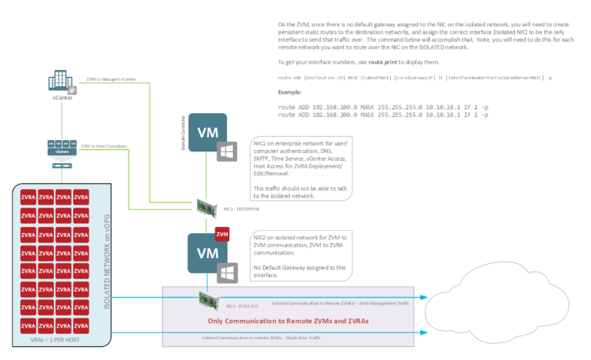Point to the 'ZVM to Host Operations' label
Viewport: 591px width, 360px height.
104,145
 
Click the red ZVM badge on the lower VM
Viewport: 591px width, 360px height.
222,233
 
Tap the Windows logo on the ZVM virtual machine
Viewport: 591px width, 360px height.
225,271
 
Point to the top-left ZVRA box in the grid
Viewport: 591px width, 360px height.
29,197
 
